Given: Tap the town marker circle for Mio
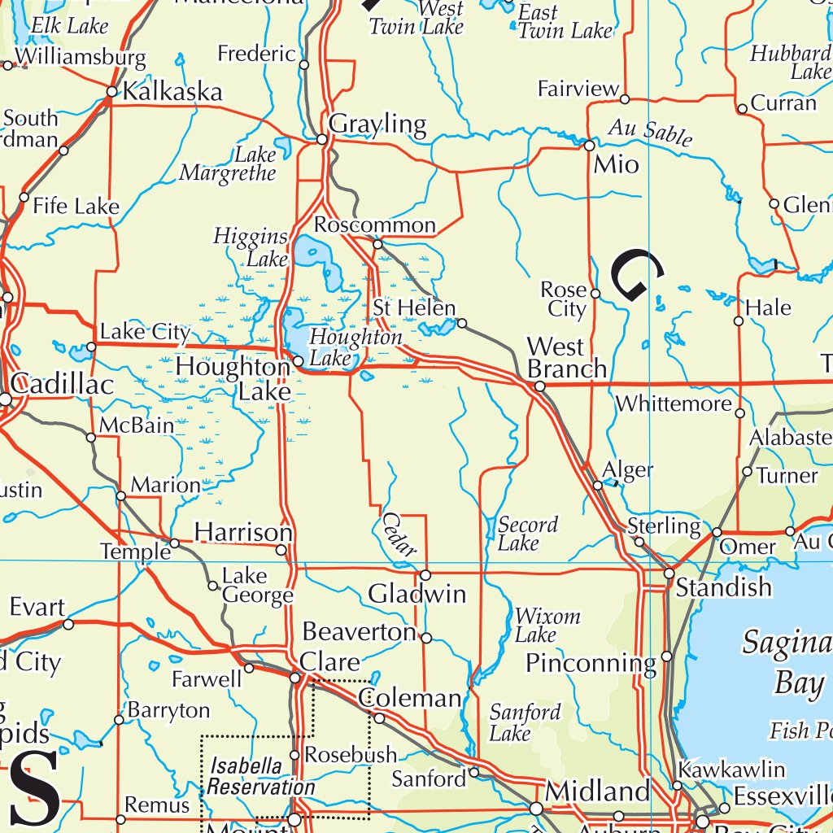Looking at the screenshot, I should [589, 146].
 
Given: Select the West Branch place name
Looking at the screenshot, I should [567, 358].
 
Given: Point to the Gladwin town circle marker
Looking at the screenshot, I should [425, 575].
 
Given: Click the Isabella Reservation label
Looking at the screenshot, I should [259, 776].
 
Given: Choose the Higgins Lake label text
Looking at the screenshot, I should [251, 247].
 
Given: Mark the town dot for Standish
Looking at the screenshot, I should [669, 574].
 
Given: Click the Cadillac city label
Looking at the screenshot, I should [63, 385].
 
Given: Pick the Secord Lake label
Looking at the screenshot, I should [528, 534].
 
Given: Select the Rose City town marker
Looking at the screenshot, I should [595, 294].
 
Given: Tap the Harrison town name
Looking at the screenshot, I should [242, 533].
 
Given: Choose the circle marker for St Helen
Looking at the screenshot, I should [461, 323].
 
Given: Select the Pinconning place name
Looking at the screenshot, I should [590, 663].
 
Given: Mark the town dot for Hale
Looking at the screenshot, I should [739, 321].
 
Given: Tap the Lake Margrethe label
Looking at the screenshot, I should [229, 164].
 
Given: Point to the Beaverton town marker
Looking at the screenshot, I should [426, 638].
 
